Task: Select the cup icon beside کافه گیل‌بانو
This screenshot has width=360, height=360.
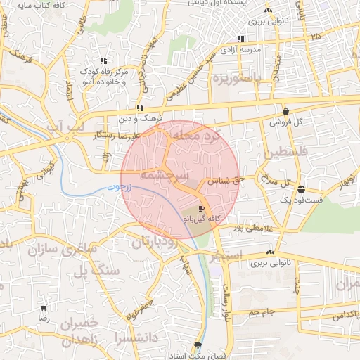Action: (x=202, y=209)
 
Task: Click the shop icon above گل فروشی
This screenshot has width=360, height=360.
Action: (x=285, y=111)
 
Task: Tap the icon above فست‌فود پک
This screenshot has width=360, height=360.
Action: (x=301, y=189)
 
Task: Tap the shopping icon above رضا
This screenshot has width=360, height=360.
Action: (x=44, y=308)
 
